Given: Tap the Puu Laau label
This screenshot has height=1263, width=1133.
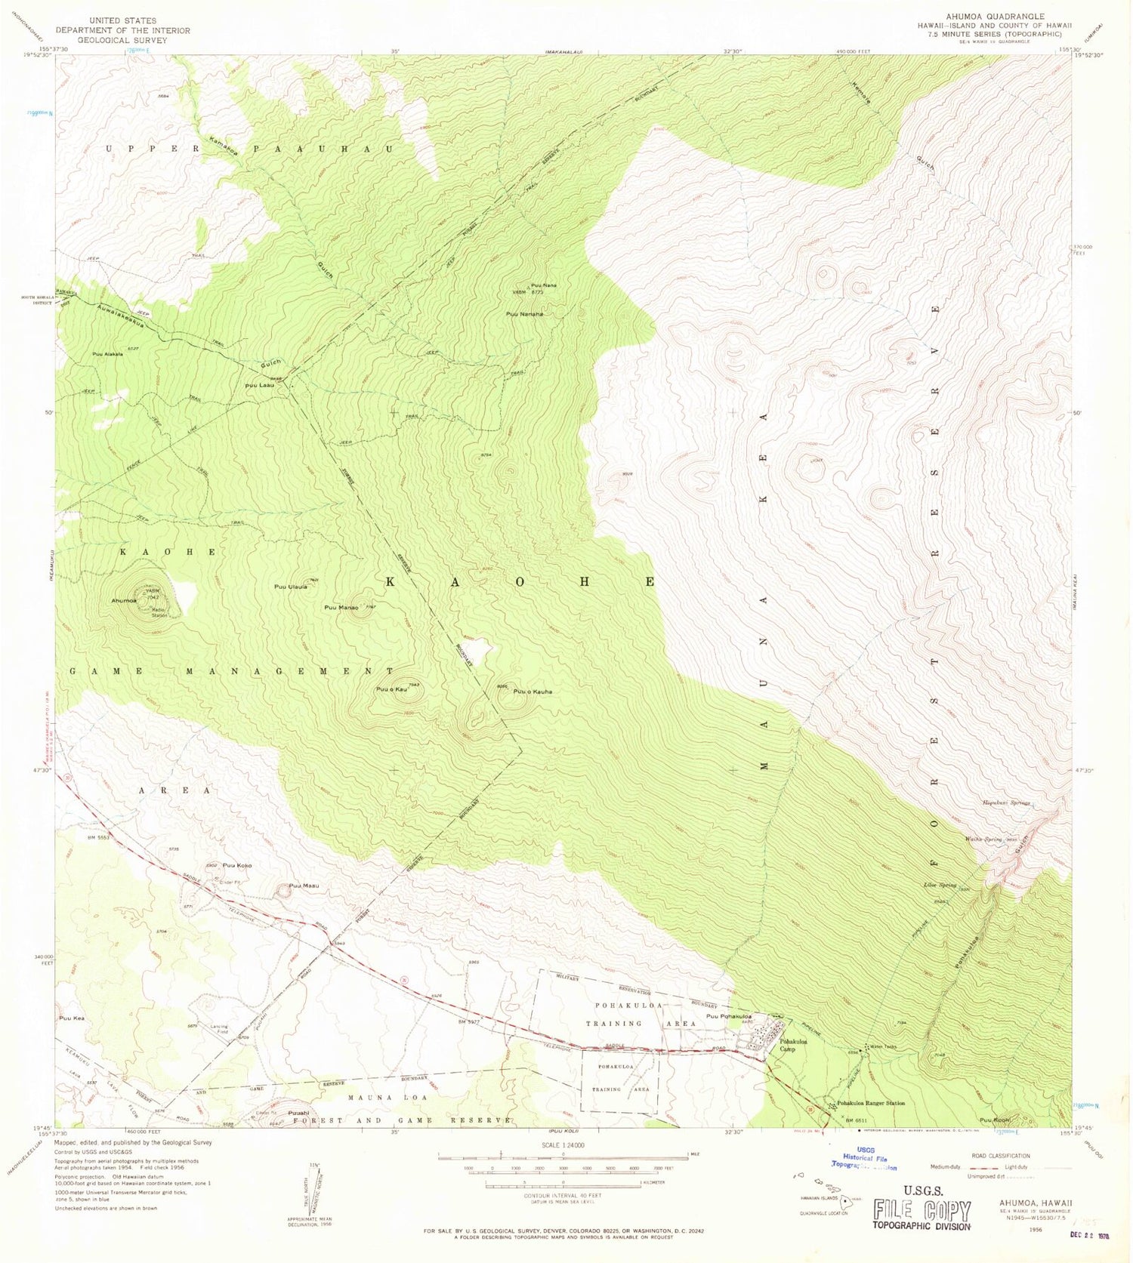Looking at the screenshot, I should tap(260, 385).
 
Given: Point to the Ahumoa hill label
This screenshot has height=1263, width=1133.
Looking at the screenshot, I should tap(123, 601).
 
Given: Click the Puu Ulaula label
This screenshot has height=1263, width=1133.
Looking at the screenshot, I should tap(290, 587).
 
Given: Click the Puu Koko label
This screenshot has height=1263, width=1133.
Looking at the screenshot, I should tap(237, 865).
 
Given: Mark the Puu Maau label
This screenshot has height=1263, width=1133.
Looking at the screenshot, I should tap(304, 886).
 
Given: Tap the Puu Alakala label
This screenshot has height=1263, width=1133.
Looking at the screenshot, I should tap(107, 353).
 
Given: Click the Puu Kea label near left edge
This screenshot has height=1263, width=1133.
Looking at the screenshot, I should tap(70, 1018).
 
